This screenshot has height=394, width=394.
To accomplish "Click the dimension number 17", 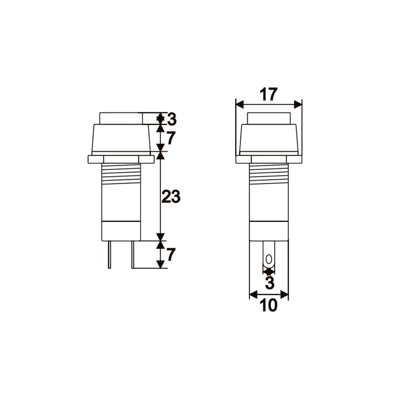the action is click(x=268, y=94).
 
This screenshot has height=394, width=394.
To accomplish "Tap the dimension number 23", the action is click(x=171, y=196).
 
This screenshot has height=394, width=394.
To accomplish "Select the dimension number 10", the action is click(x=269, y=306).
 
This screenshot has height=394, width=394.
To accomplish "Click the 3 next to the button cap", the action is click(x=172, y=119).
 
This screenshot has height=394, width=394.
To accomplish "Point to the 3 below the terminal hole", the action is click(x=270, y=283).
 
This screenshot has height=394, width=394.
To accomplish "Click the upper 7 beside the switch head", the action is click(x=171, y=138).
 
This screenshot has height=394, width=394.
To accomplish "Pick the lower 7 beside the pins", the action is click(x=171, y=254).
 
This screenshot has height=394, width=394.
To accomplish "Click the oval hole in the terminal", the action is click(x=269, y=259).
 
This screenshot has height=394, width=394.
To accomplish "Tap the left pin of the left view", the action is click(x=110, y=254).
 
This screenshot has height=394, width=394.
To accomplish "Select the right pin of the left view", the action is click(x=133, y=254).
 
